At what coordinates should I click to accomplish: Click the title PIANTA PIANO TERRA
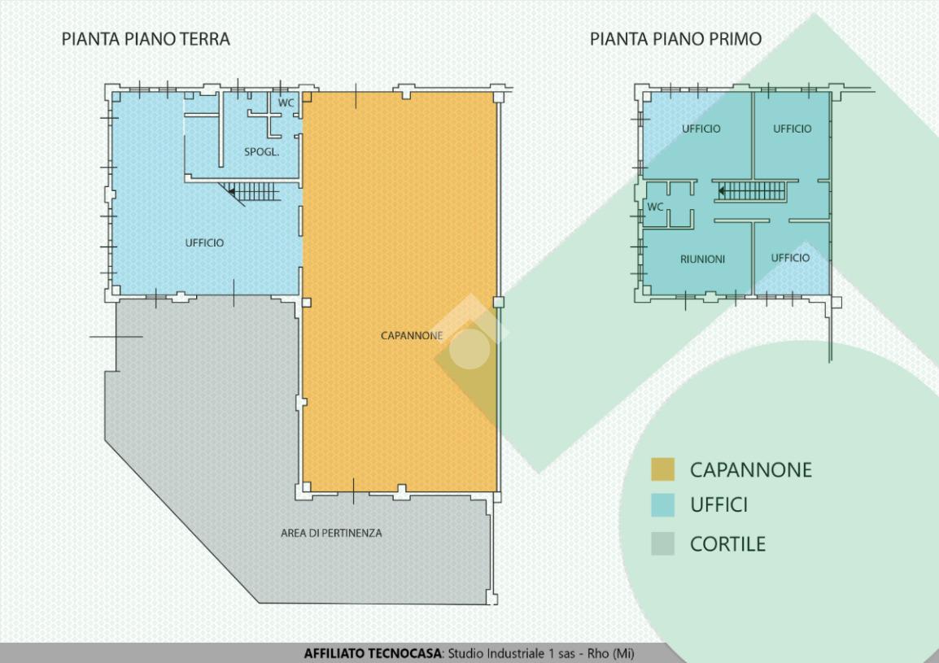point(146,39)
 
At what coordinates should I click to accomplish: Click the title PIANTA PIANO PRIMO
point(675,39)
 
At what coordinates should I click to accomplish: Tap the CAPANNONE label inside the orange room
point(412,335)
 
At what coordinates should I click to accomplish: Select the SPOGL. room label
point(262,152)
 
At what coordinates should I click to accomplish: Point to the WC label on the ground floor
point(286,103)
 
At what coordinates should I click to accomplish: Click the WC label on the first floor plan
point(655,207)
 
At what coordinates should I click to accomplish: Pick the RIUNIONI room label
point(702,260)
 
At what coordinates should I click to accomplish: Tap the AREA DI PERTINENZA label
point(331,533)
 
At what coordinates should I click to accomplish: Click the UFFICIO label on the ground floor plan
point(204,242)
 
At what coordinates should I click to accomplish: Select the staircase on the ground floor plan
point(251,192)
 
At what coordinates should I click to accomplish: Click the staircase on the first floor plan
point(751,191)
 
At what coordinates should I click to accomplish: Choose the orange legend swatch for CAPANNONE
point(663,469)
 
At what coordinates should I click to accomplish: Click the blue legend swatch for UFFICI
point(663,505)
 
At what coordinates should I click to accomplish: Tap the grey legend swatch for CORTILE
point(663,543)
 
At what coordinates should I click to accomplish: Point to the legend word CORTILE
point(727,543)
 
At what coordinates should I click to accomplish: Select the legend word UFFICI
point(718,505)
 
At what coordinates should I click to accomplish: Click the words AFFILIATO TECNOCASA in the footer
point(373,653)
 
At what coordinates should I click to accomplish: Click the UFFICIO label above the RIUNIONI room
point(701,129)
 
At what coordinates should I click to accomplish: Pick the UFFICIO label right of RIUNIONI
point(790,258)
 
